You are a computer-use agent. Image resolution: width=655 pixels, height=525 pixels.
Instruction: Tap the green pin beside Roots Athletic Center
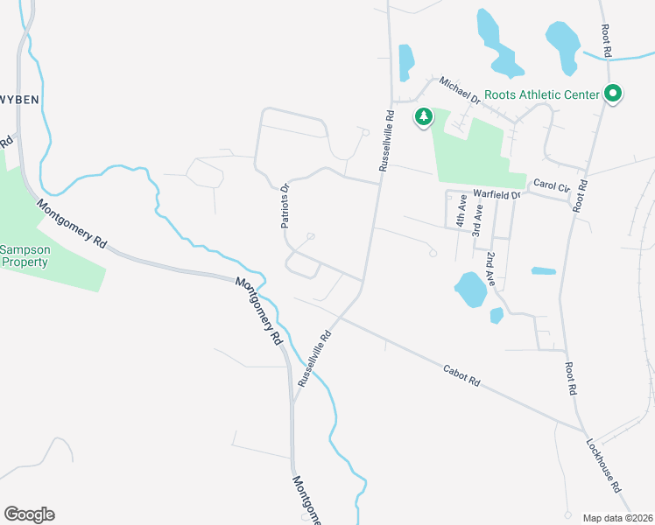613,94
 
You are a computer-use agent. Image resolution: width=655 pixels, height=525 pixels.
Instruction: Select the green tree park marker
424,116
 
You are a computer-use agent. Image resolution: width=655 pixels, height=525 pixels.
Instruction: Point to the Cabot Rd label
462,377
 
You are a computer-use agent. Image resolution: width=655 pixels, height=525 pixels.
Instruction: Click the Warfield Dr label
497,193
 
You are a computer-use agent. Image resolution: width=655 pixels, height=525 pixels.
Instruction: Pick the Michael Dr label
461,90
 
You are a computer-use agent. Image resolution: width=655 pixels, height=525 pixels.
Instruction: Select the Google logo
29,514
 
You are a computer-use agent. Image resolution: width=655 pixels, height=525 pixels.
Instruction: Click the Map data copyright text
617,517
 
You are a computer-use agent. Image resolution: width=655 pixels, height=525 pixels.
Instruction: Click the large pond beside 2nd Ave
469,289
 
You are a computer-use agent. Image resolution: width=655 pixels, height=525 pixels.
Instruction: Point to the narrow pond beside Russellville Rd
406,62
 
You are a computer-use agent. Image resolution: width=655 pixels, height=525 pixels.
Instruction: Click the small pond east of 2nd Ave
543,271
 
